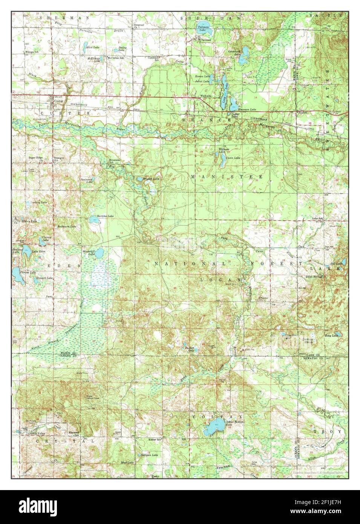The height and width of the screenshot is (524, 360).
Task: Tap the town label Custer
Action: click(58, 101)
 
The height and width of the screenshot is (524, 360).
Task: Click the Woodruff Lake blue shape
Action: click(99, 253)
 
